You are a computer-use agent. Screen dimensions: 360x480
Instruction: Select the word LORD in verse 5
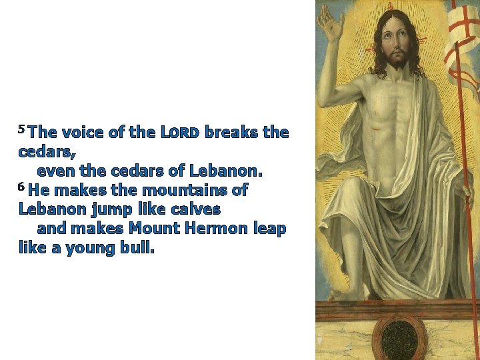180,133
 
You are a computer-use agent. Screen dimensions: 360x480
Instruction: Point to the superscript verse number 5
22,128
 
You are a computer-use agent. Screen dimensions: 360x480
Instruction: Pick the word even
56,171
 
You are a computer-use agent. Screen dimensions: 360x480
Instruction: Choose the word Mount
153,229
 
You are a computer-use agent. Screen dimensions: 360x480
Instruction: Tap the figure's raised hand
331,23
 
